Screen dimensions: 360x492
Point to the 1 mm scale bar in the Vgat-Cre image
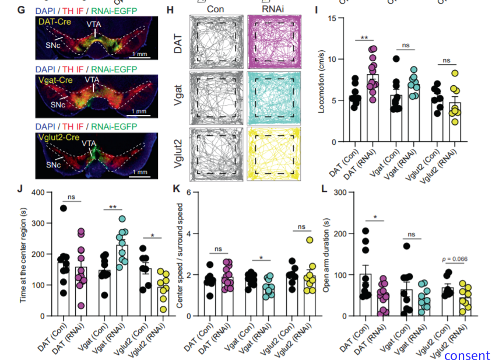[x=139, y=111]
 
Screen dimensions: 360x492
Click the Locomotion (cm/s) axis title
[x=322, y=80]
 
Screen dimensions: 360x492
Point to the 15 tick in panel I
[x=335, y=18]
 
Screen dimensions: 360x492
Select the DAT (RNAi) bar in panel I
[x=372, y=108]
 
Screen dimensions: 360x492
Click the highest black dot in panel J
[x=63, y=208]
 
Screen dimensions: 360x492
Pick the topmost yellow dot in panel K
[x=310, y=239]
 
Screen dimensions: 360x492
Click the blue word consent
[x=466, y=355]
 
